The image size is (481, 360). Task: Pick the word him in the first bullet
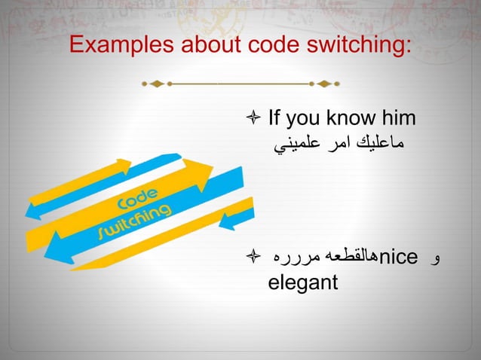coord(397,118)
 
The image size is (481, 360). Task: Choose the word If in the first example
coord(276,118)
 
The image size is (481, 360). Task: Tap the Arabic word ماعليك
coord(377,143)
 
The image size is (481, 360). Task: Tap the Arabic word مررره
coord(299,258)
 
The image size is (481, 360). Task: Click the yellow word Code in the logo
coord(138,201)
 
